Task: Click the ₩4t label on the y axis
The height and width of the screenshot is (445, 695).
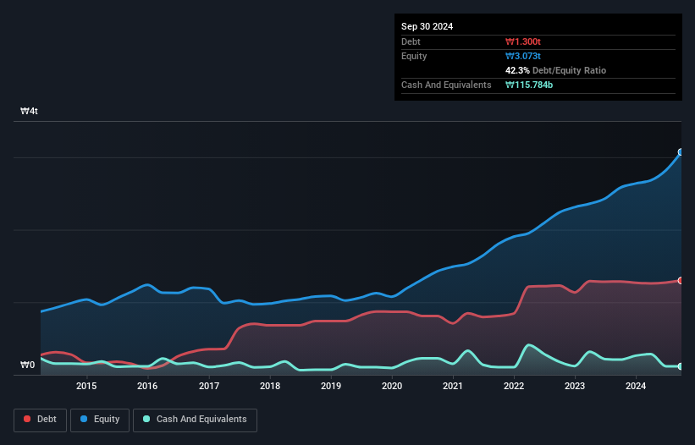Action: [x=29, y=112]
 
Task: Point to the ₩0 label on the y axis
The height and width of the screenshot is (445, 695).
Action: [x=28, y=365]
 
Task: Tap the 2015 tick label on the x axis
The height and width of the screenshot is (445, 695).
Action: [x=86, y=387]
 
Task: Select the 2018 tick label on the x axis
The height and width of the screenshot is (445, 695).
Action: [x=269, y=387]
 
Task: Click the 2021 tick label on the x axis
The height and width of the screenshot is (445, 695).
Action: [x=453, y=387]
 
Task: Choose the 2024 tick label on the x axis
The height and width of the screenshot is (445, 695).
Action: [x=636, y=387]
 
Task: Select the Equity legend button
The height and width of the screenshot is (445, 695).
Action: [x=100, y=420]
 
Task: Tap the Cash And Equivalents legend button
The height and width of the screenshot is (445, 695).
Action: [x=195, y=420]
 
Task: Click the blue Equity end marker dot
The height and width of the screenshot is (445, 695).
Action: [x=681, y=152]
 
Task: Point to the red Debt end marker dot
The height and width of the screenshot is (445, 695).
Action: [x=681, y=280]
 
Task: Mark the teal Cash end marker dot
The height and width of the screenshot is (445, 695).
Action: [x=681, y=366]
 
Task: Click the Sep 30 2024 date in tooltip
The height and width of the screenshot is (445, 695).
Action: [x=427, y=26]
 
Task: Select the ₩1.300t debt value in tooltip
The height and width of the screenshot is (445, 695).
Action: [x=524, y=41]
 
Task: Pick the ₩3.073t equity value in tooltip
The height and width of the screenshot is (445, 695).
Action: [x=524, y=56]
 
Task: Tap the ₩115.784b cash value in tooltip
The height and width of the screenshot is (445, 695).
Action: [x=529, y=85]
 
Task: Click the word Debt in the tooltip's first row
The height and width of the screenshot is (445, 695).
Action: [x=411, y=41]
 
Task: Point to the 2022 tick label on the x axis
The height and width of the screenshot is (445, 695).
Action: [x=514, y=387]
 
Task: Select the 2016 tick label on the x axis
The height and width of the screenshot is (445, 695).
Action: [x=147, y=387]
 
